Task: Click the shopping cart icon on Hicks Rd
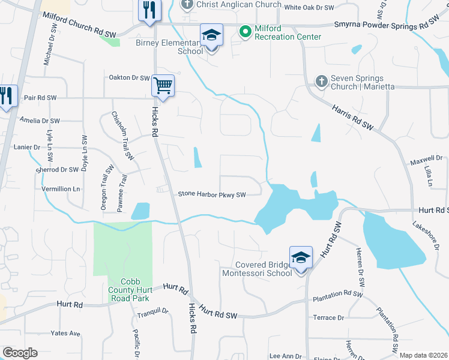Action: tap(163, 85)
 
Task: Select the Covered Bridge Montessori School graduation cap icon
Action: tap(301, 257)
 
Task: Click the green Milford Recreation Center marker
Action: tap(245, 31)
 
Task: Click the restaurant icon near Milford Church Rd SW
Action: tap(149, 10)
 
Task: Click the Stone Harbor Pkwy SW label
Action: tap(212, 194)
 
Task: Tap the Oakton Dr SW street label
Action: tap(128, 77)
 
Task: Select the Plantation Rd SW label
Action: tap(337, 295)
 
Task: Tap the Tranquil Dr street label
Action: tap(152, 311)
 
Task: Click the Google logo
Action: tap(20, 353)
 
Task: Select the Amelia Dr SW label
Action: tap(39, 121)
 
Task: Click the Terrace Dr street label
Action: tap(328, 317)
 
